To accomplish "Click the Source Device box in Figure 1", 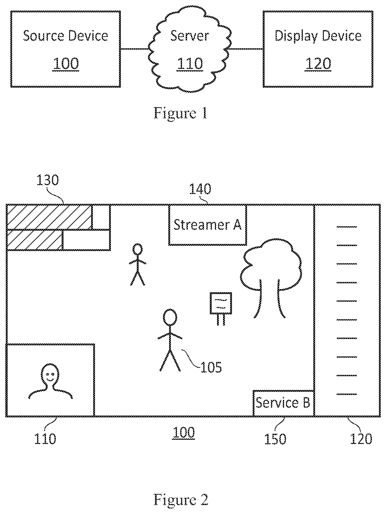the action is coord(66,49).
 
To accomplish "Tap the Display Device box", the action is coord(318,49).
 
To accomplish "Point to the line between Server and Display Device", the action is coord(245,49).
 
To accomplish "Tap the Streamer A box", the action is coord(208,225).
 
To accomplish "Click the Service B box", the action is coord(284,403).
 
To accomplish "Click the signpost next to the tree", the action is coord(221,309).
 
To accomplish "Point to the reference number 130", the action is coord(47,181).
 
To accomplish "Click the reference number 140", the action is coord(200,189).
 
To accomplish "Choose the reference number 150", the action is coord(275,438).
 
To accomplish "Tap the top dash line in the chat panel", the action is coord(347,227).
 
